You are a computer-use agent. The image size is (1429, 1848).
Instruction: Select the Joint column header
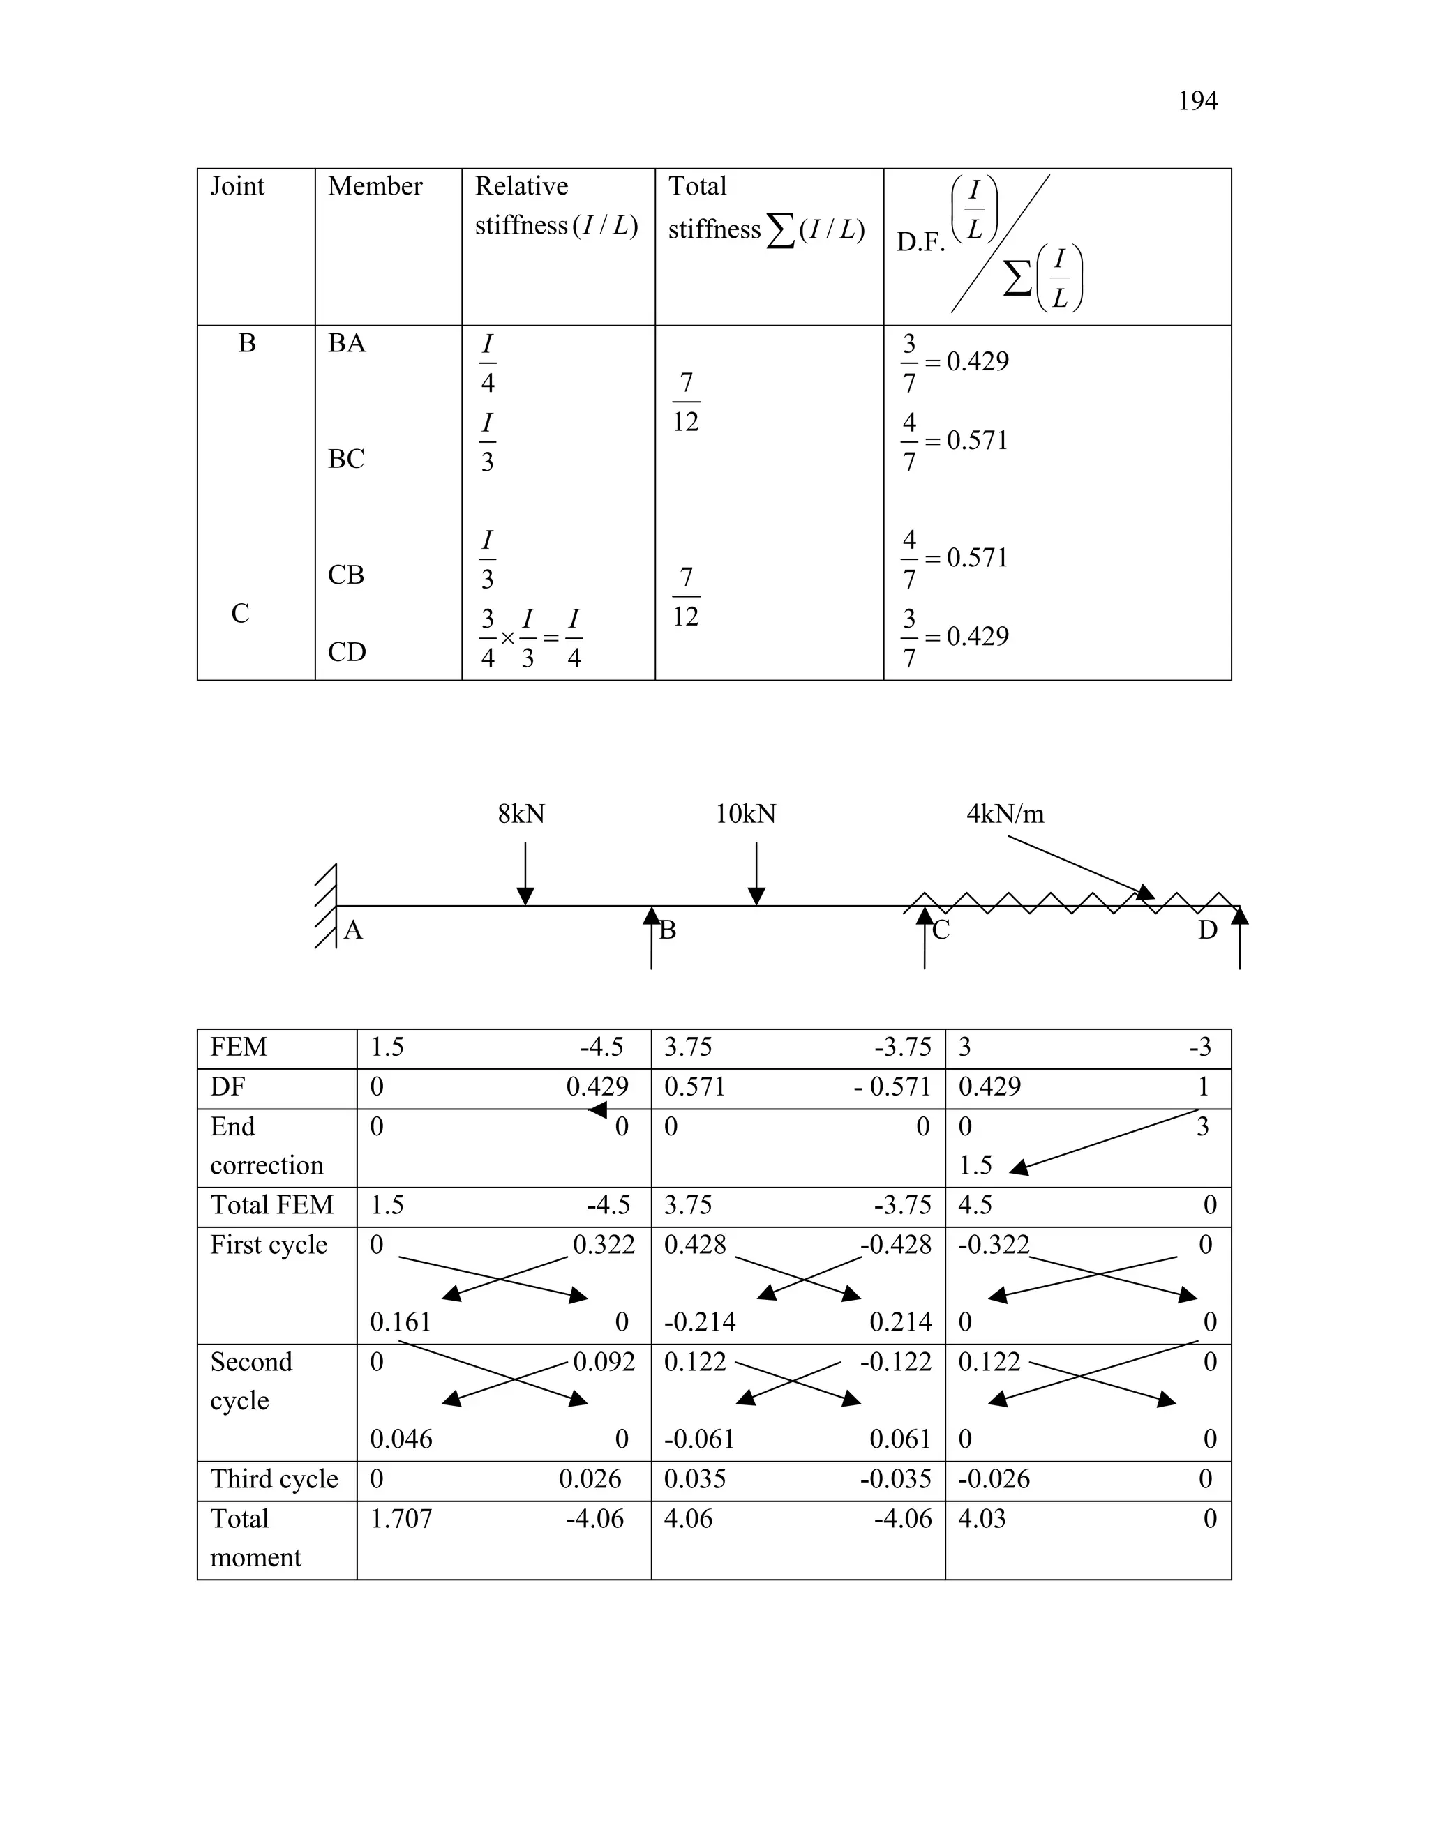click(237, 186)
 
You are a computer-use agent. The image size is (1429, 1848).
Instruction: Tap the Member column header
click(375, 186)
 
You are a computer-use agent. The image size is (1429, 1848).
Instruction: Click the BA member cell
click(346, 344)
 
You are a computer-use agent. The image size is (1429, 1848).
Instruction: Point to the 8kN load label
click(521, 814)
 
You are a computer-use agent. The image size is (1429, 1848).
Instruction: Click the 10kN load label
click(745, 814)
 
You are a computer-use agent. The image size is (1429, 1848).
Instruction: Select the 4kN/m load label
click(1005, 814)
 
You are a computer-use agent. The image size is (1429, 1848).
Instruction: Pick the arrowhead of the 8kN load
click(525, 896)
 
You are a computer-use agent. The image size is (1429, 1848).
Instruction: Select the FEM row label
click(239, 1047)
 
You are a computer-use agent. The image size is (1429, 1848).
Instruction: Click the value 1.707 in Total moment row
click(401, 1519)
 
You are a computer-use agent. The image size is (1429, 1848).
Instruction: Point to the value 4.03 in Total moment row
click(982, 1519)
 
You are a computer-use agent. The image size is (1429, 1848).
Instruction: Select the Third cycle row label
click(274, 1479)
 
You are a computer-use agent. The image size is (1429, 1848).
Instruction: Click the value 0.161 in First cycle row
click(401, 1321)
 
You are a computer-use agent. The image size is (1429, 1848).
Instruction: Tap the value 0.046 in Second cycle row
click(401, 1439)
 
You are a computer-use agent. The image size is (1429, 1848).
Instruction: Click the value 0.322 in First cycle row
click(604, 1245)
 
